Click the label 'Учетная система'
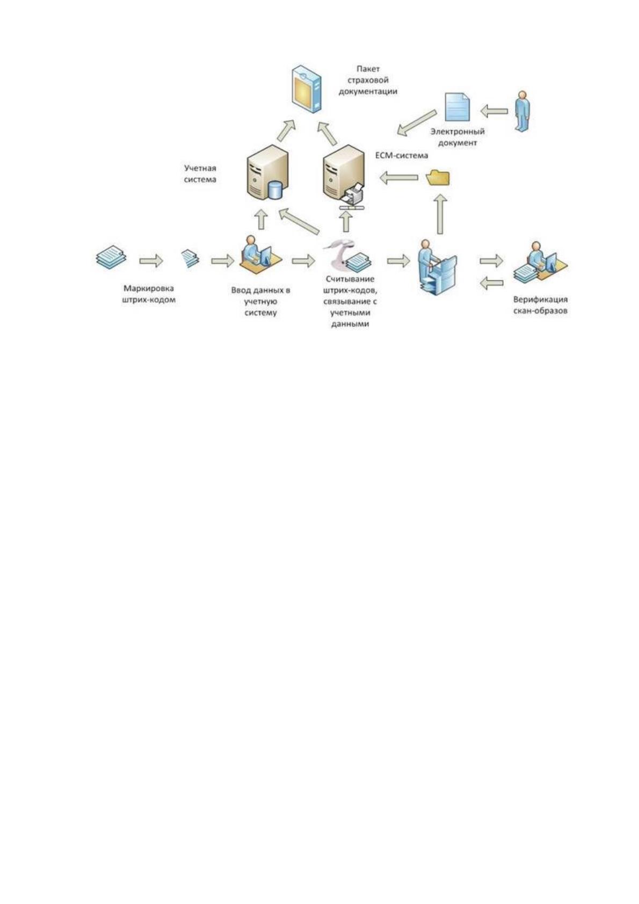[200, 173]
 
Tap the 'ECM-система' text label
[401, 155]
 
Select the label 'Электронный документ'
[457, 137]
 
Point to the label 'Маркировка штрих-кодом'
[149, 294]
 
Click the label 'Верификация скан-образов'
[540, 305]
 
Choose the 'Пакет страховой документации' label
[367, 81]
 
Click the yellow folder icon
[438, 178]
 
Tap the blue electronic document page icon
[458, 107]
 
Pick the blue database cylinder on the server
[275, 190]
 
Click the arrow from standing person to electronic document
[494, 111]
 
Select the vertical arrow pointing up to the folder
[440, 214]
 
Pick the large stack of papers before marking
[111, 256]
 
